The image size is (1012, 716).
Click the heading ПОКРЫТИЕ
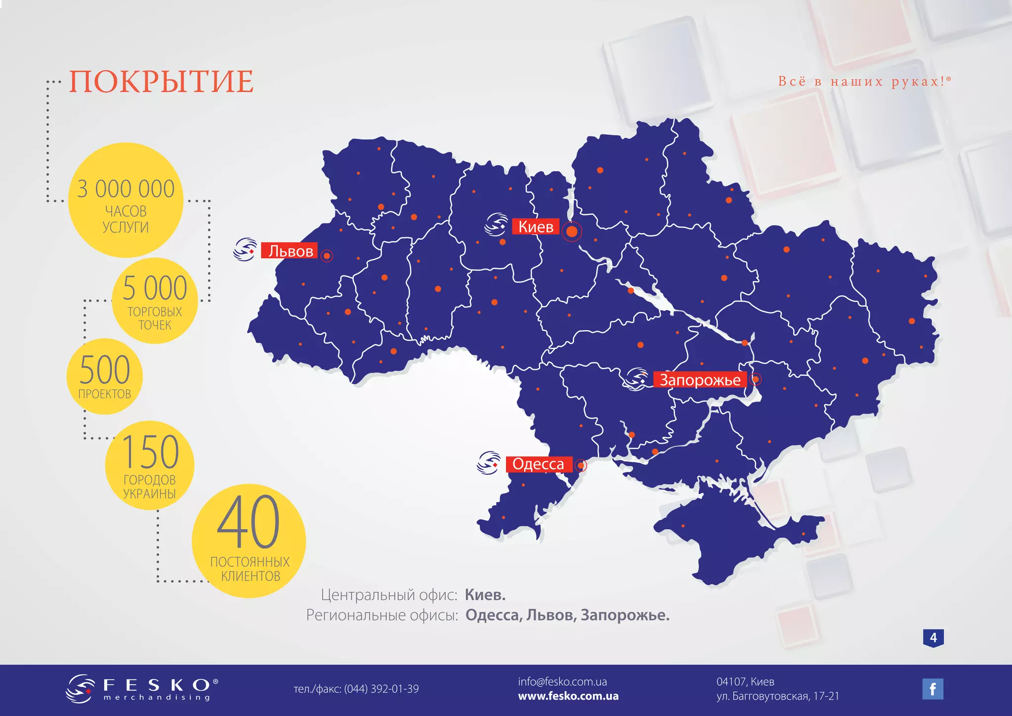click(x=161, y=82)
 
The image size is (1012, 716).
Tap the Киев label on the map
click(x=536, y=227)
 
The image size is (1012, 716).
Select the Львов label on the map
click(x=290, y=251)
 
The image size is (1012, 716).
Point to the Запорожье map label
click(x=700, y=380)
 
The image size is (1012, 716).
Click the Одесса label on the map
click(x=538, y=464)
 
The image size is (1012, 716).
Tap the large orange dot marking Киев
click(x=572, y=231)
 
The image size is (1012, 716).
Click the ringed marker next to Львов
click(x=327, y=256)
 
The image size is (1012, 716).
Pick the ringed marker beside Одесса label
click(x=581, y=465)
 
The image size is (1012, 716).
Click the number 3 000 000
click(x=126, y=189)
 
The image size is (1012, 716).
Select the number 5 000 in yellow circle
click(x=155, y=288)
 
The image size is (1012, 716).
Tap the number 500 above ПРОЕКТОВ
click(x=105, y=370)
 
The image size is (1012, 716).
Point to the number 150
click(x=150, y=451)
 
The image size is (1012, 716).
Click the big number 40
click(x=249, y=522)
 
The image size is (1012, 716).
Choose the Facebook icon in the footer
click(x=932, y=689)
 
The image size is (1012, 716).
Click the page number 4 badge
click(x=933, y=638)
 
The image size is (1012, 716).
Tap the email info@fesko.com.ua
click(x=562, y=682)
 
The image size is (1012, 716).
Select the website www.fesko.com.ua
click(x=568, y=696)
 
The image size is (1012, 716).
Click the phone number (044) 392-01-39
click(x=381, y=689)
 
